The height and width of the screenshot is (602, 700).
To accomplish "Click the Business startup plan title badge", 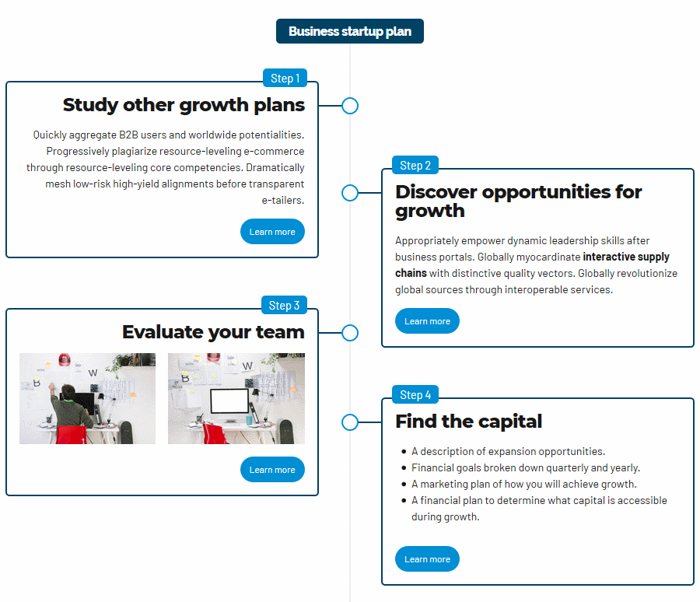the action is tap(349, 31).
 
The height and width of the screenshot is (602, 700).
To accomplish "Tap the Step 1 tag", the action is tap(285, 78).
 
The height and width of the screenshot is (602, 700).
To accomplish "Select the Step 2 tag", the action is tap(415, 165).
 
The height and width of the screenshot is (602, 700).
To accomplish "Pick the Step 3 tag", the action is tap(284, 305).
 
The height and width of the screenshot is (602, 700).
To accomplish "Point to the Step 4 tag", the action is tap(415, 395).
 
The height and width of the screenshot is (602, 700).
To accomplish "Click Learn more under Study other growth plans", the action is tap(272, 231).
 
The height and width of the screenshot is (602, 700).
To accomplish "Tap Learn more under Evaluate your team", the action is tap(272, 469).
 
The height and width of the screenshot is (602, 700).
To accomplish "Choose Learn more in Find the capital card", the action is tap(427, 558).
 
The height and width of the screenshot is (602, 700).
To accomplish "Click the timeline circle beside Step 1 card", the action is tap(350, 106).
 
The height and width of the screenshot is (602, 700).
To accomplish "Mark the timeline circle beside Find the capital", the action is tap(350, 422).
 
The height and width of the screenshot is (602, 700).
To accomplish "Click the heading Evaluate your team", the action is tap(213, 332).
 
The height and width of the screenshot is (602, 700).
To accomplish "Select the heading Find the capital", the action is tap(469, 421).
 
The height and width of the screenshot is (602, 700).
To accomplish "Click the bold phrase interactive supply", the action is tap(626, 257).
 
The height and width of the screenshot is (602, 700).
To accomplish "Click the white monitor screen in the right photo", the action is tap(229, 401).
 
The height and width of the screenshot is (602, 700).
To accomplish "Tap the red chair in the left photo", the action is tap(72, 435).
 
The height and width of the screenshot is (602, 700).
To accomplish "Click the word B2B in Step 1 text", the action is tap(128, 135).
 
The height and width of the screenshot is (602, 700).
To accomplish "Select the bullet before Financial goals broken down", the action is tap(404, 468).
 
